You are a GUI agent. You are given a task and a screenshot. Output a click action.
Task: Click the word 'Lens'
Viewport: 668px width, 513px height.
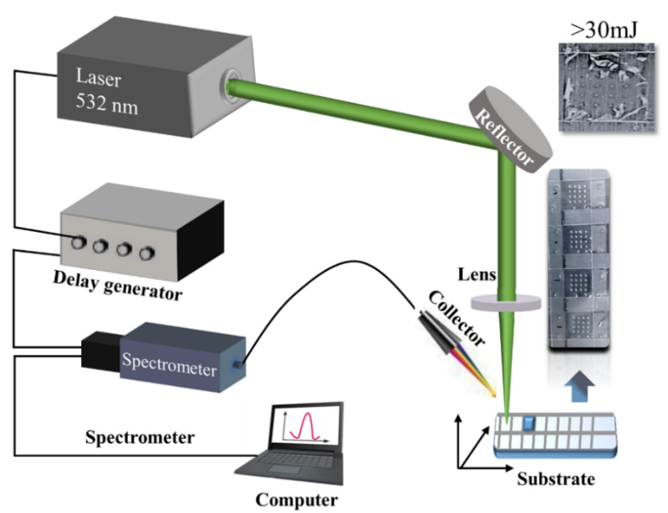[x=477, y=275]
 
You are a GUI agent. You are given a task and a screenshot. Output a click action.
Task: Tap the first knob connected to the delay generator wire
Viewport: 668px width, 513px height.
[x=79, y=242]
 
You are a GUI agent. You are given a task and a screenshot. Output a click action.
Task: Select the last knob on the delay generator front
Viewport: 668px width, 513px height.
[x=147, y=253]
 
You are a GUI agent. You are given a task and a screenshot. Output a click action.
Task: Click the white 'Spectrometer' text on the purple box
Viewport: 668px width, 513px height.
[x=169, y=365]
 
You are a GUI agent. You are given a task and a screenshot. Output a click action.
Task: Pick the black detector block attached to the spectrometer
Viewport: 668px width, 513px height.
[x=100, y=354]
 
